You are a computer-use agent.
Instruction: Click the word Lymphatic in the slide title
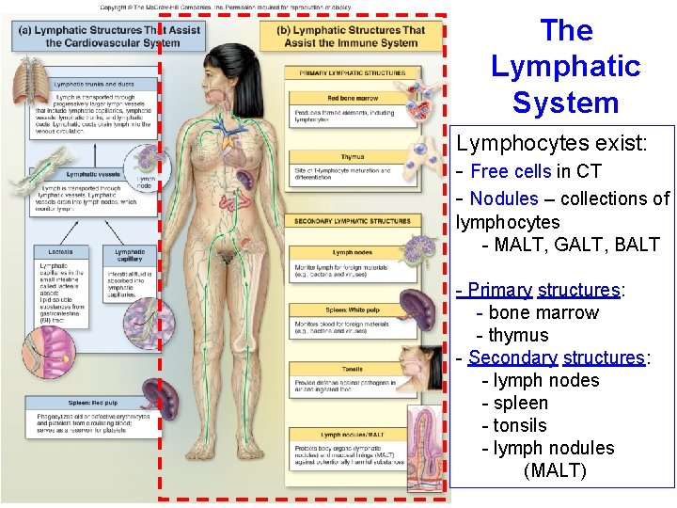click(x=565, y=67)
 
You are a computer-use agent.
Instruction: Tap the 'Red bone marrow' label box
click(x=353, y=98)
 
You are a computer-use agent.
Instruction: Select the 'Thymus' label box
click(x=353, y=157)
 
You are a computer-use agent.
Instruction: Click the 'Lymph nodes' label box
click(x=353, y=252)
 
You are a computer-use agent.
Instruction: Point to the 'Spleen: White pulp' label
click(x=353, y=310)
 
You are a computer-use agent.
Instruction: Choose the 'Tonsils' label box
click(x=353, y=370)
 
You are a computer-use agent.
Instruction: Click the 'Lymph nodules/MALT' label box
click(x=353, y=435)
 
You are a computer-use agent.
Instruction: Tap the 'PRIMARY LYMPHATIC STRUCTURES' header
click(x=353, y=72)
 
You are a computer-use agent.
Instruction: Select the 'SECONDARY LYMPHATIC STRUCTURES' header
click(x=353, y=222)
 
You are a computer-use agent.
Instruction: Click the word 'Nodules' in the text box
click(x=503, y=198)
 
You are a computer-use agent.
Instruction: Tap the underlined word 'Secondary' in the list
click(x=512, y=357)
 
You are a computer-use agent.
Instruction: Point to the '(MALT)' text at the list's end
click(x=555, y=470)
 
